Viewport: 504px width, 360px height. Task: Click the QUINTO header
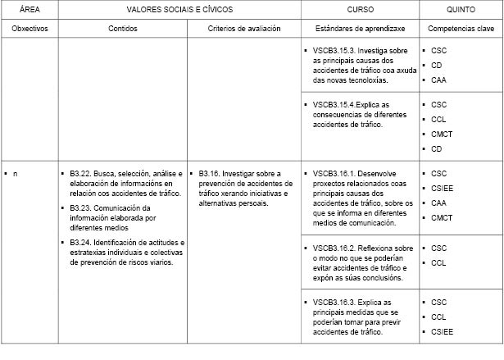click(461, 10)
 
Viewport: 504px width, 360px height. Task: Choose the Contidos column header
click(123, 28)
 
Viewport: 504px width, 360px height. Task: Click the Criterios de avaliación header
click(244, 28)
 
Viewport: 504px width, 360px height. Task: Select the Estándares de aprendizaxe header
click(360, 28)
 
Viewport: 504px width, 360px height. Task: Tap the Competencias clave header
click(461, 28)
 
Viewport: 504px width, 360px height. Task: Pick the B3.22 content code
click(79, 173)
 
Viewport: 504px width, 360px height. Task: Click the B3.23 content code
click(79, 208)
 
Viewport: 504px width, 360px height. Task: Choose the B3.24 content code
click(79, 243)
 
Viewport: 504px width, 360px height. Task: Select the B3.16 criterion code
click(209, 173)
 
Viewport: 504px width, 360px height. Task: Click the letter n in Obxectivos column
click(15, 173)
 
